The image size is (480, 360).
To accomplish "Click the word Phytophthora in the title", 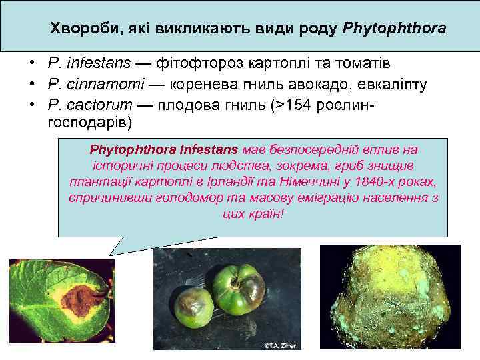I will (394, 30).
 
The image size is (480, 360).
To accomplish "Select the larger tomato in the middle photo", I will (239, 287).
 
